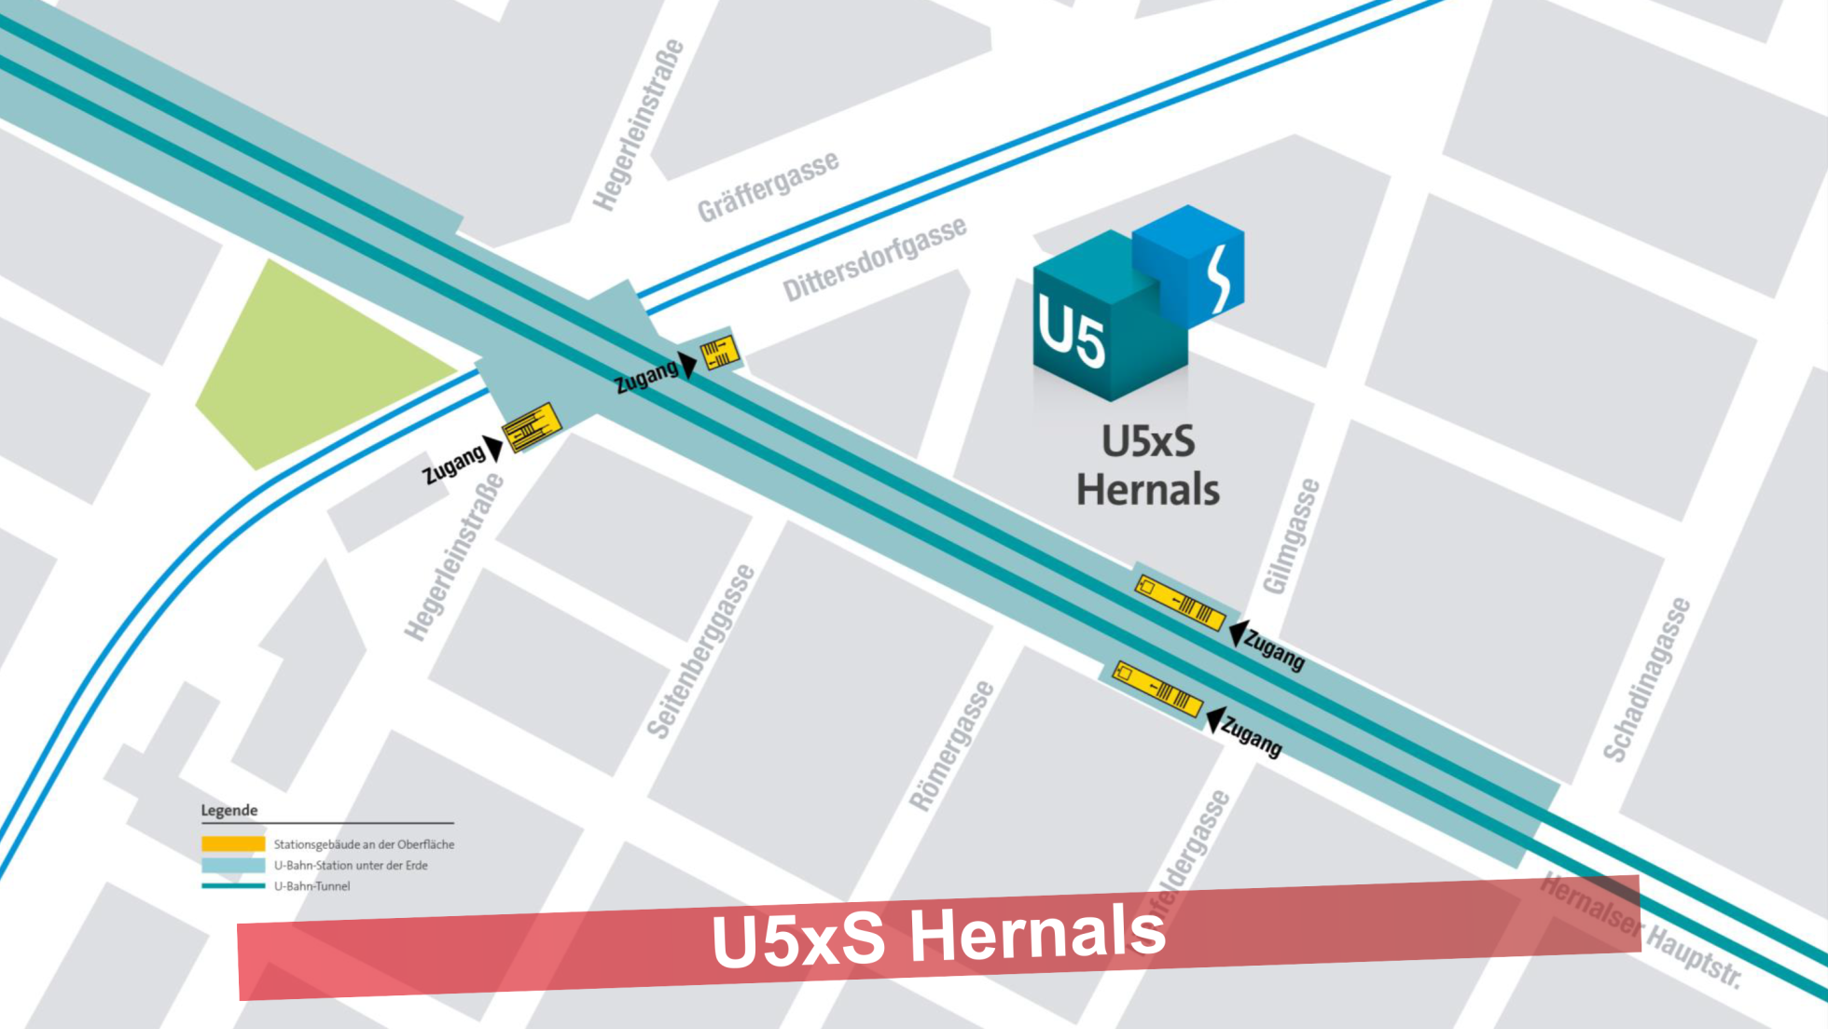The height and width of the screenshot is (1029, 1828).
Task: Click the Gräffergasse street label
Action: pos(768,187)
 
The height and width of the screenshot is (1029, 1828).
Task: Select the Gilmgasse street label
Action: pos(1292,536)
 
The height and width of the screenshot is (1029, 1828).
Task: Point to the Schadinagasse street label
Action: pos(1646,679)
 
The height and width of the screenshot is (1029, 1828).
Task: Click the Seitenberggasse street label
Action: pos(700,651)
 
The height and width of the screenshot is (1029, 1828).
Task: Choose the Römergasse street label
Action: pos(952,745)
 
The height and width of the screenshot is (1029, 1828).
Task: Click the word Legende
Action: pos(228,810)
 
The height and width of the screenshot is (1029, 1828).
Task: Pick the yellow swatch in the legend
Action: pos(233,844)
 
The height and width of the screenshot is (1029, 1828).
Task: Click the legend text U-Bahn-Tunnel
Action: pos(312,886)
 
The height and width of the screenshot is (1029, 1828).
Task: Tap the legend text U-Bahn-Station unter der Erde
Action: pos(351,866)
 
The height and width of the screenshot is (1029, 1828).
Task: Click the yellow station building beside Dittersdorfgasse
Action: pos(720,353)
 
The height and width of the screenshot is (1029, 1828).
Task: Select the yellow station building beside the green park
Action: pos(532,427)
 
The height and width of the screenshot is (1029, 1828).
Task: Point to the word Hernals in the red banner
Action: pos(1037,933)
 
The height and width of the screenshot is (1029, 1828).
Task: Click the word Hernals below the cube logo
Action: pos(1148,490)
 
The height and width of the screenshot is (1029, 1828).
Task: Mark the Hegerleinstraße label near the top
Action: pos(639,126)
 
